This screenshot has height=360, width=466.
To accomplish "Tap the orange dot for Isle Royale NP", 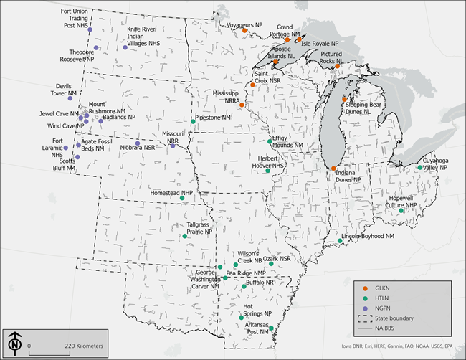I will pyautogui.click(x=295, y=42).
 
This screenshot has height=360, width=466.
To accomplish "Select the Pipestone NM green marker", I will pyautogui.click(x=193, y=123).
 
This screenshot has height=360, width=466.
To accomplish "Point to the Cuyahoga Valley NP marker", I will pyautogui.click(x=420, y=168).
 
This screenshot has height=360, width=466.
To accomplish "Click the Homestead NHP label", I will pyautogui.click(x=171, y=193).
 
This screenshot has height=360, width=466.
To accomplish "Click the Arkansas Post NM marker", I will pyautogui.click(x=271, y=328).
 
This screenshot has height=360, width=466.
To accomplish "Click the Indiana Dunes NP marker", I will pyautogui.click(x=333, y=169).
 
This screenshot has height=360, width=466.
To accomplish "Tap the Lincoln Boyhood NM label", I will pyautogui.click(x=368, y=236).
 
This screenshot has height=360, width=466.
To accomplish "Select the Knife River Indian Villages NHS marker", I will pyautogui.click(x=125, y=47).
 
